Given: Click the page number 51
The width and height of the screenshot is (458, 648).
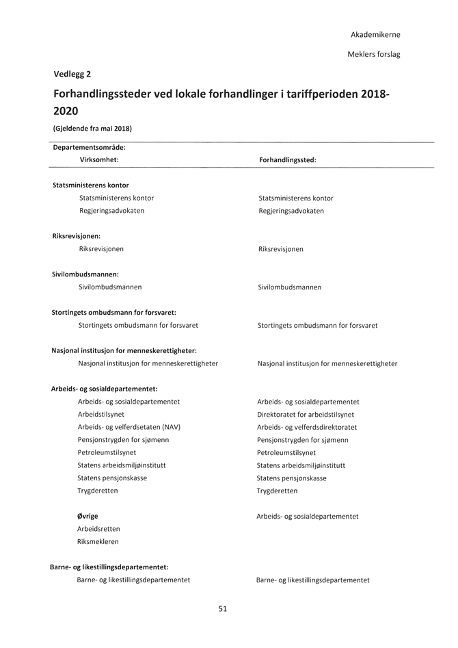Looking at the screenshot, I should tap(223, 608).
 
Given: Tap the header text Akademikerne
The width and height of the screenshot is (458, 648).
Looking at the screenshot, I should tap(375, 34).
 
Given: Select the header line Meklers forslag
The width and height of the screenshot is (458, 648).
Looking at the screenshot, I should tap(374, 54).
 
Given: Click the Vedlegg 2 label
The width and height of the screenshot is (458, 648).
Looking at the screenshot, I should tap(72, 74).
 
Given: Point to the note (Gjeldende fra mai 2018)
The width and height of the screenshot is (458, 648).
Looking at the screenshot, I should tap(92, 128).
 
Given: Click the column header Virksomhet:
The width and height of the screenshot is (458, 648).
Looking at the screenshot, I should tap(99, 159).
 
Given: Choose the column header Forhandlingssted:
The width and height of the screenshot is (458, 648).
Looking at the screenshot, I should tap(287, 159).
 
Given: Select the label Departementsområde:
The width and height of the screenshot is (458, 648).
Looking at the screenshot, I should tap(89, 146).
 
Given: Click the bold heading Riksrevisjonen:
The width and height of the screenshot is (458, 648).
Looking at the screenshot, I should tap(76, 236).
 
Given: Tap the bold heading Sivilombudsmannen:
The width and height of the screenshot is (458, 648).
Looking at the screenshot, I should tap(85, 274).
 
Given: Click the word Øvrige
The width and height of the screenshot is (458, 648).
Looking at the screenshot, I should tap(87, 516).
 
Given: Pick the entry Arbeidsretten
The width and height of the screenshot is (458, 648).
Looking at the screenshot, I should tap(98, 529).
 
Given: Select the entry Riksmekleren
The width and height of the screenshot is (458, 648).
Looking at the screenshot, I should tap(98, 541).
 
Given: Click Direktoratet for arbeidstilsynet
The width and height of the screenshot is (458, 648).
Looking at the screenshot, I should tap(306, 415).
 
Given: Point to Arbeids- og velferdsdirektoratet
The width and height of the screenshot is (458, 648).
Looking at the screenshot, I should tap(307, 427).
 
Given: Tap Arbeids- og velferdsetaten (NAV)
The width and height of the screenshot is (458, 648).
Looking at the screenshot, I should tap(129, 427).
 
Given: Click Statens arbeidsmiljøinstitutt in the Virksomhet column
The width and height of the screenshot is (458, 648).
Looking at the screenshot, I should tap(122, 465).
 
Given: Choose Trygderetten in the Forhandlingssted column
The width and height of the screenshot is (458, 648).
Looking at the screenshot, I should tap(277, 491).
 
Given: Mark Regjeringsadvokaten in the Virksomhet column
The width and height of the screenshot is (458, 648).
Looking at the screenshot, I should tap(111, 211).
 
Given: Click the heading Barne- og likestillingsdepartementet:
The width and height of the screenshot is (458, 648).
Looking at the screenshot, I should tap(109, 567).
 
